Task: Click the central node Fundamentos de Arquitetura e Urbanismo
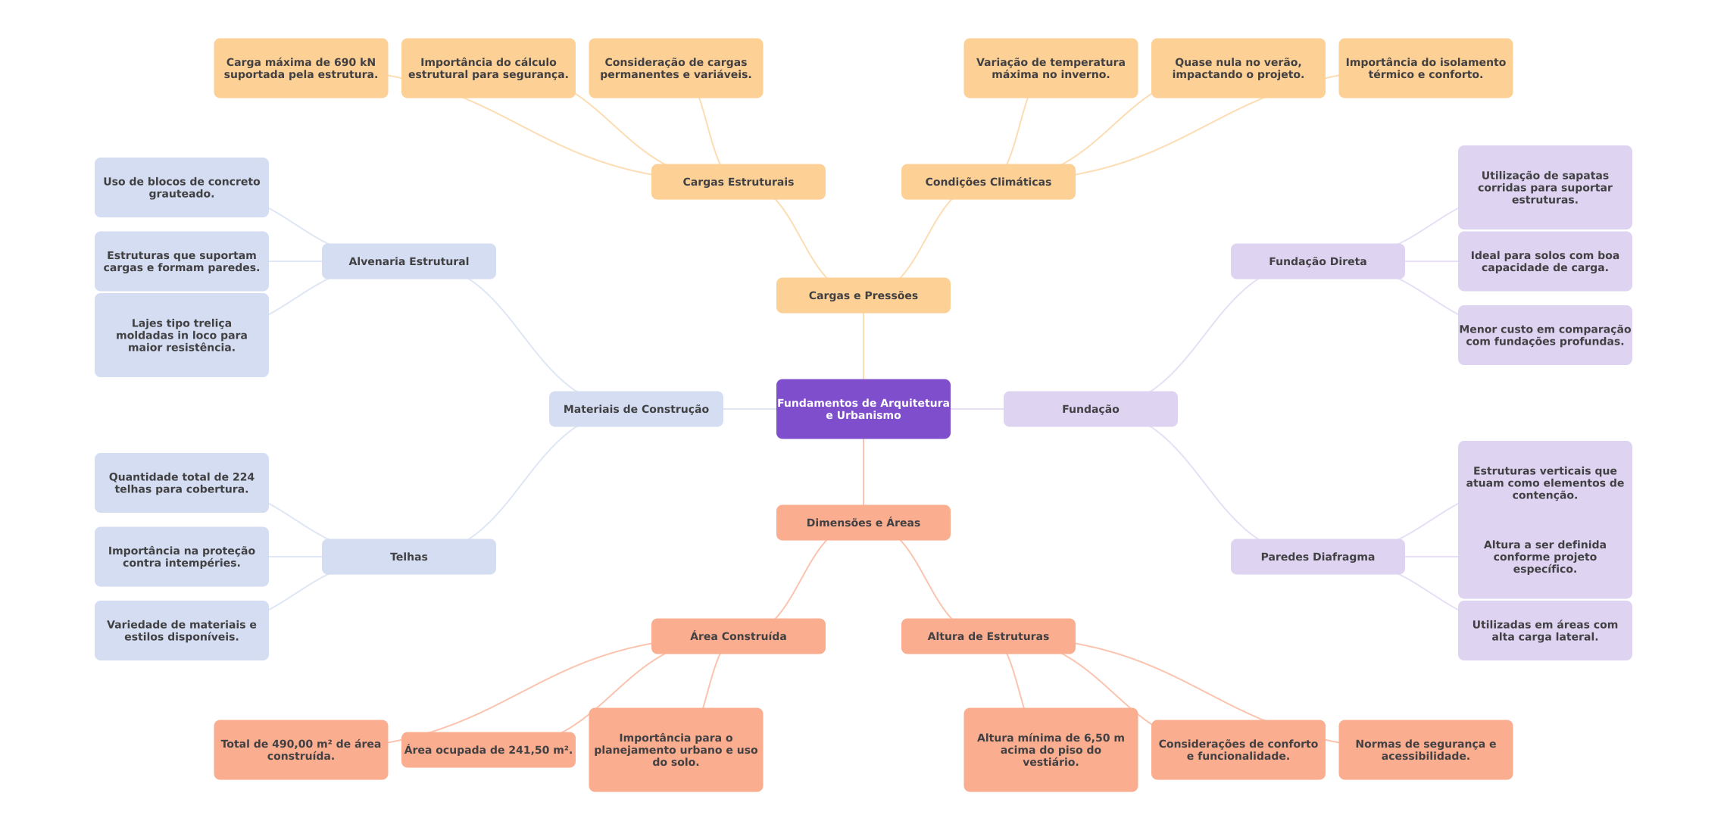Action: [x=863, y=409]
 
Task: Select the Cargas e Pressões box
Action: [x=863, y=295]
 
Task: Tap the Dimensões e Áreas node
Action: [x=863, y=523]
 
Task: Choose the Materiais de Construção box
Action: [x=636, y=409]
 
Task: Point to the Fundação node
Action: [x=1091, y=409]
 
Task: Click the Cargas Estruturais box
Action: [x=739, y=182]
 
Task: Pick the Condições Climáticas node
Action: [x=988, y=182]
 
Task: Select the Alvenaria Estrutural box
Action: [x=409, y=261]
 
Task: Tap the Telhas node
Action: [x=409, y=557]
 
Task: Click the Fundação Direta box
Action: [x=1318, y=261]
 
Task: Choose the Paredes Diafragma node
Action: [x=1318, y=557]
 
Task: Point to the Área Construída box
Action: [x=739, y=636]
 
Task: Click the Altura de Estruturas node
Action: [x=988, y=636]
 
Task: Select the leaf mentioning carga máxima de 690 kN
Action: [x=301, y=68]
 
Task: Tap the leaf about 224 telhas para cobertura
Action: [x=182, y=483]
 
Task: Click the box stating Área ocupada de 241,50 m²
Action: [x=489, y=750]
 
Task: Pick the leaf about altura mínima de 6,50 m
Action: [x=1051, y=750]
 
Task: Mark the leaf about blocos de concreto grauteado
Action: [x=182, y=188]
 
